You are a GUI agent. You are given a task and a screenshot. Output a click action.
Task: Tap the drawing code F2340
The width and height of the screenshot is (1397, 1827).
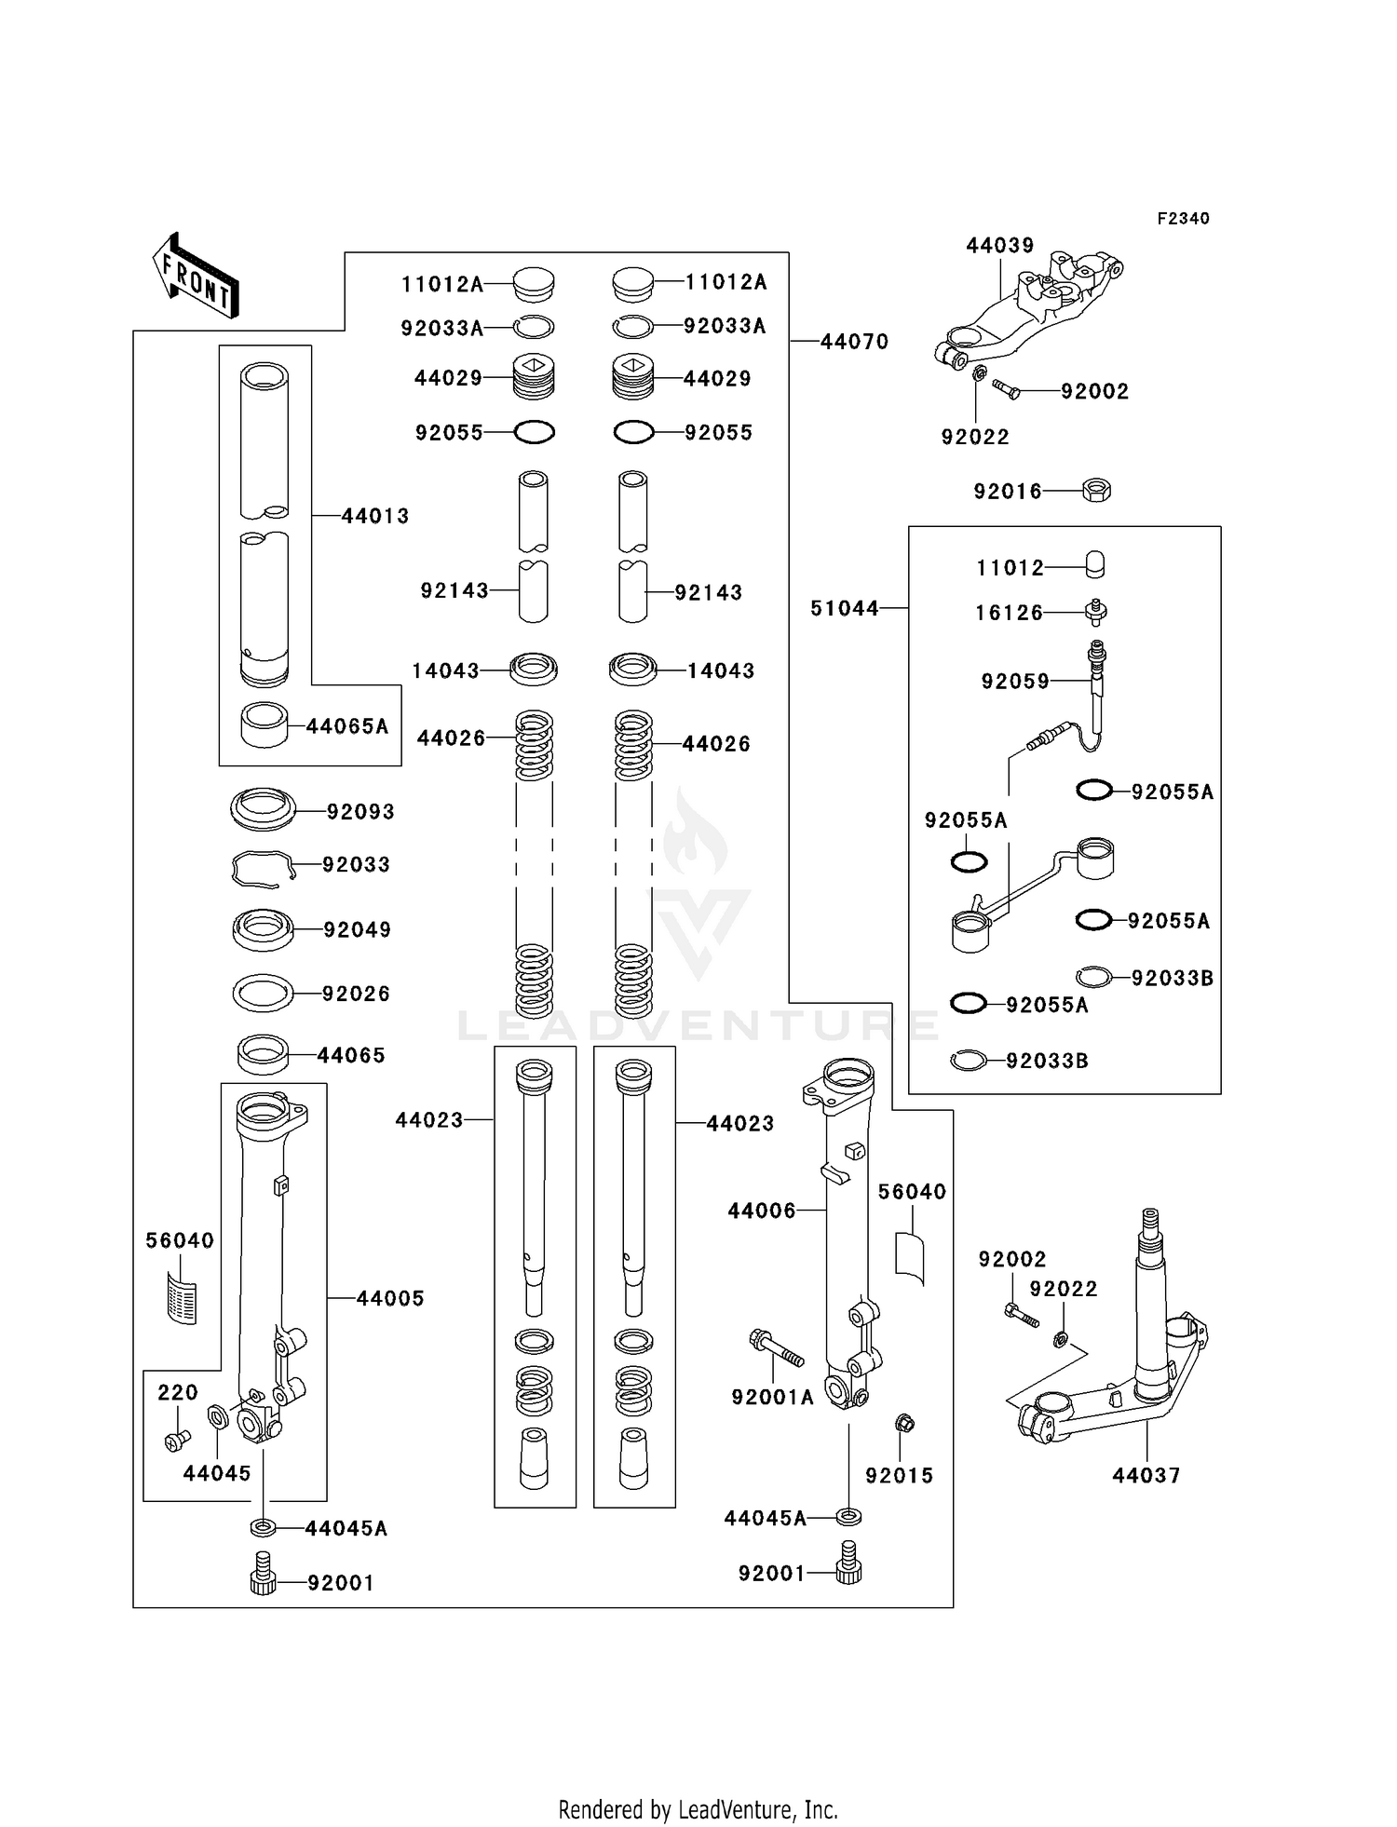[x=1183, y=219]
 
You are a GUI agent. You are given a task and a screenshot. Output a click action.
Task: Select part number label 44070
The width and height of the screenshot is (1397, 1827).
[x=854, y=342]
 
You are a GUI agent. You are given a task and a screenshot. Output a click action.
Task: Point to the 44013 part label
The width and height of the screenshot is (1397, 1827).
[x=375, y=516]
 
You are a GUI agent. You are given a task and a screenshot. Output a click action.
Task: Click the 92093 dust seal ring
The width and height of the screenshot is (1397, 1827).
[x=264, y=809]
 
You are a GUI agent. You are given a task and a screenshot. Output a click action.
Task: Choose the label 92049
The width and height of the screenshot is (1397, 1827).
[x=358, y=929]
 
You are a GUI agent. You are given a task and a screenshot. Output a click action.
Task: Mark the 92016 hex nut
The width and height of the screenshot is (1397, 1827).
[x=1097, y=490]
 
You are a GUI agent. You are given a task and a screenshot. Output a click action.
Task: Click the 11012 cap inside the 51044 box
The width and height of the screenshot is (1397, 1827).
[x=1095, y=565]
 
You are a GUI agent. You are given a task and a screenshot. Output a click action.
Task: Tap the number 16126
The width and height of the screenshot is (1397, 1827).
[x=1010, y=613]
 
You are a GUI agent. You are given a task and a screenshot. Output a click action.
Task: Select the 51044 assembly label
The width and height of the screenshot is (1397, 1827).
[x=845, y=608]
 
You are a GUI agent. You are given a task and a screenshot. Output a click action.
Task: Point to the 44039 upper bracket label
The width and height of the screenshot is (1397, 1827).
[x=1000, y=246]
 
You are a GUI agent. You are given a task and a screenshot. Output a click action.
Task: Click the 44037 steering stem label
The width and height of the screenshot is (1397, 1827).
[x=1146, y=1475]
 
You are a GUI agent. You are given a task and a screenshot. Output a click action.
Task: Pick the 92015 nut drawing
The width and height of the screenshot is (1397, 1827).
[x=902, y=1424]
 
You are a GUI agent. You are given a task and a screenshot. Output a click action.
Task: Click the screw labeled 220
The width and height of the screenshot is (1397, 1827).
[x=175, y=1441]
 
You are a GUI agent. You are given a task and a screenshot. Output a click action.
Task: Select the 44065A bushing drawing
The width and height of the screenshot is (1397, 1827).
[x=264, y=724]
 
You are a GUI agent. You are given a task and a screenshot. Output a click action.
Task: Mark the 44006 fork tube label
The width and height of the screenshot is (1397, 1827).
[x=762, y=1211]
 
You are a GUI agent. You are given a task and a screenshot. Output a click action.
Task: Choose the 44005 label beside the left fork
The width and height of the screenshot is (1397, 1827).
[x=390, y=1298]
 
